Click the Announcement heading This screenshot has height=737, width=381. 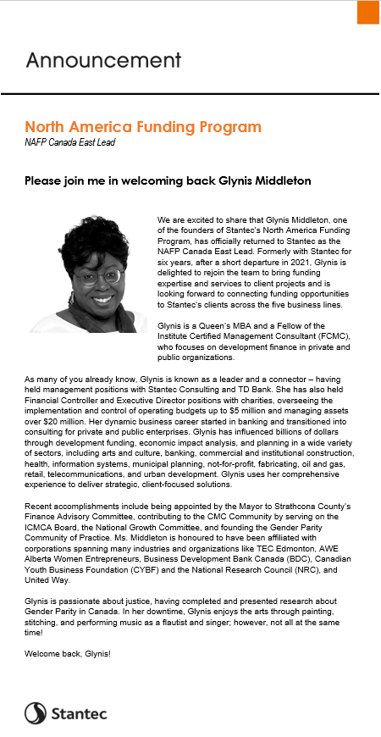click(102, 60)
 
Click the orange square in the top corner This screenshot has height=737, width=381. click(367, 13)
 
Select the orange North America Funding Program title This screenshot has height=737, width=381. click(142, 127)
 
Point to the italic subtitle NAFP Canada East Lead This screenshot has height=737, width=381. click(69, 142)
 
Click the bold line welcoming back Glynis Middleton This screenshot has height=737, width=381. click(168, 180)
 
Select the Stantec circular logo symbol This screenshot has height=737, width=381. click(35, 713)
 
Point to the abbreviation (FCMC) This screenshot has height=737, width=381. click(329, 335)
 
